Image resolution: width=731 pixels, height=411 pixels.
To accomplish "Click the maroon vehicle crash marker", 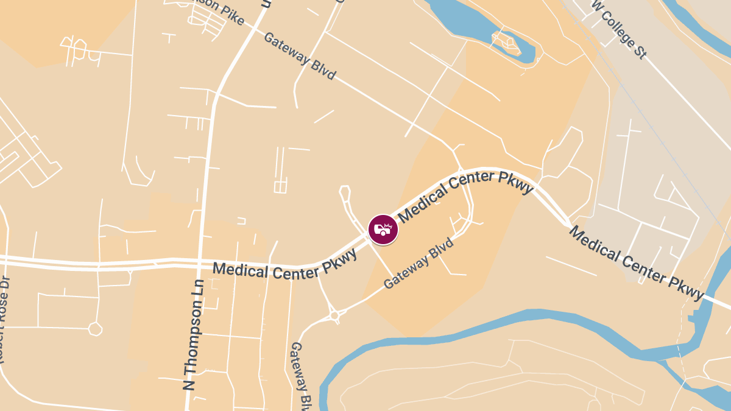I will coord(383,230).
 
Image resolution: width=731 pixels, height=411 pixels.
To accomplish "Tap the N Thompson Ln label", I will coord(196,334).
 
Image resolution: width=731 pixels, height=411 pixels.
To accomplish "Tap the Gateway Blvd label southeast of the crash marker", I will coord(419,263).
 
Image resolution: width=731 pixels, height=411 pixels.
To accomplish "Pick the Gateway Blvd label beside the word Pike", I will coord(300,55).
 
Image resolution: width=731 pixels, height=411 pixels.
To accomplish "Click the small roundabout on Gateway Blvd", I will coord(334,315).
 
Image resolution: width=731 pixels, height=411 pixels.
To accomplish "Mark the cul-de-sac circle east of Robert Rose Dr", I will coord(94,329).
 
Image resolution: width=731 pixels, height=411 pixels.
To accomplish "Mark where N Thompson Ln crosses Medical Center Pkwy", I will coord(200,264).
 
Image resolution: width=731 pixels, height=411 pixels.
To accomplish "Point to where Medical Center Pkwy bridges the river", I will coord(710,300).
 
